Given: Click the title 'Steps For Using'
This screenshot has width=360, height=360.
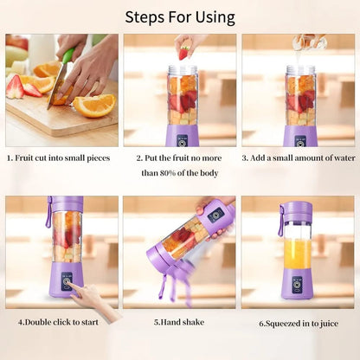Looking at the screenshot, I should point(180,16).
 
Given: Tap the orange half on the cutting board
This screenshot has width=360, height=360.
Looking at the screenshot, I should point(95,105).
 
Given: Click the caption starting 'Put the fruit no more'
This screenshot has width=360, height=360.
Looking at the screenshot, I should point(181,158).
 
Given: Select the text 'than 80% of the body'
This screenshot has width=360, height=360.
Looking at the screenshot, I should point(180,173).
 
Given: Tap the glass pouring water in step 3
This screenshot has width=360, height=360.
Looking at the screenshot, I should point(302,41).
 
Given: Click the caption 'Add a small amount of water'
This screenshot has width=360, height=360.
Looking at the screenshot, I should point(299,158).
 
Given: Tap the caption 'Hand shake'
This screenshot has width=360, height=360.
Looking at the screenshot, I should point(180,323).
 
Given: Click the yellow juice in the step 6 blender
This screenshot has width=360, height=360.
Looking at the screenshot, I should point(298,255).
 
